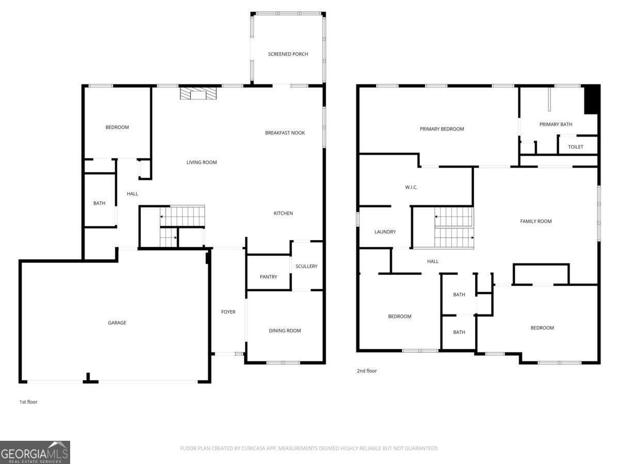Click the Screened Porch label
click(288, 54)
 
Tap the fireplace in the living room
click(198, 93)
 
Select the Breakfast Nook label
click(285, 132)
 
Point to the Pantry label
click(268, 277)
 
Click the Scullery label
click(306, 266)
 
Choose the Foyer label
click(228, 312)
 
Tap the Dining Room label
click(285, 330)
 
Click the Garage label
click(117, 323)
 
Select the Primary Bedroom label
click(442, 129)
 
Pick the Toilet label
click(575, 147)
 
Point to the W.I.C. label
click(411, 187)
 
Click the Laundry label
click(385, 232)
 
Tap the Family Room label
click(536, 222)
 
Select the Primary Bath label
click(556, 124)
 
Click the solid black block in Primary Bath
click(591, 100)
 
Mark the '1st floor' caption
click(28, 402)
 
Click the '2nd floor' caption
click(367, 371)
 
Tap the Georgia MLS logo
click(35, 453)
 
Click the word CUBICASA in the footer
click(253, 448)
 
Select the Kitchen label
click(283, 213)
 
